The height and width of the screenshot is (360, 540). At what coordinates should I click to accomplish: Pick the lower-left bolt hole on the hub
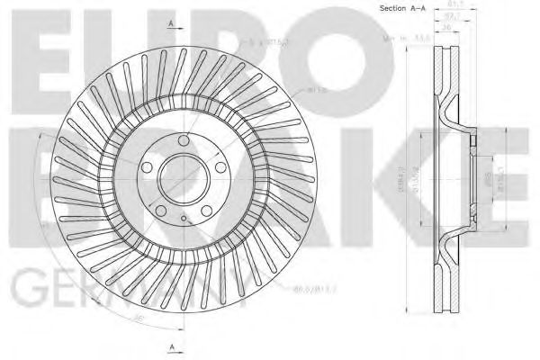click(x=160, y=204)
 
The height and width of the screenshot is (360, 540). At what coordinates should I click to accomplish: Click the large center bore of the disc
click(x=184, y=177)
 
